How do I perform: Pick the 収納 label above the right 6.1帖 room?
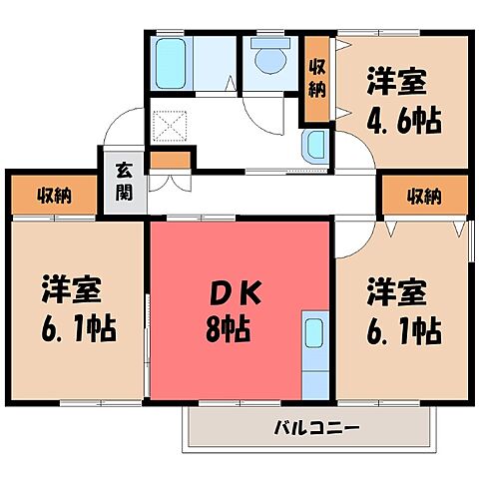coord(424,195)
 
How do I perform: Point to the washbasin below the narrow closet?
coord(316,147)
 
